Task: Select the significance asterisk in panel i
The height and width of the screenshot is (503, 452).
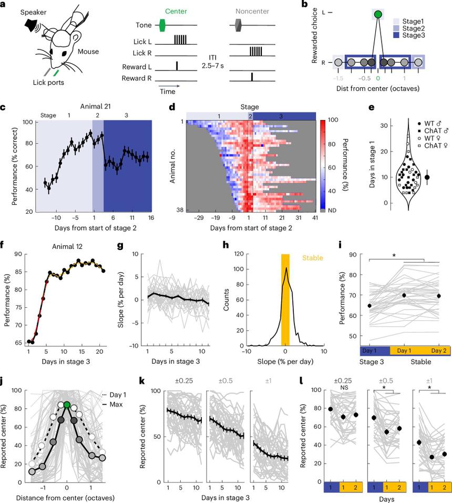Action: (x=394, y=256)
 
